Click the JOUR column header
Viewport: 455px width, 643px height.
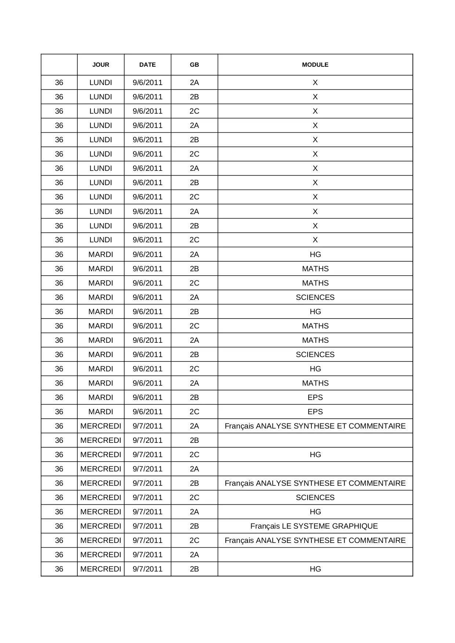pyautogui.click(x=100, y=65)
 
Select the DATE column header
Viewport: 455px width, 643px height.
pyautogui.click(x=147, y=65)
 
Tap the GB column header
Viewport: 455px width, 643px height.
pyautogui.click(x=194, y=65)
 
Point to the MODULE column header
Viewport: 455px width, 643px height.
pyautogui.click(x=315, y=65)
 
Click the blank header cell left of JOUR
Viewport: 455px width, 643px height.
pyautogui.click(x=59, y=65)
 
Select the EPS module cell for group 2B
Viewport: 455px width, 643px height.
pyautogui.click(x=315, y=397)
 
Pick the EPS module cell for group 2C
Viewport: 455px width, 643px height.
pyautogui.click(x=315, y=412)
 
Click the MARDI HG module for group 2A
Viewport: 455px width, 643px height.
pyautogui.click(x=315, y=254)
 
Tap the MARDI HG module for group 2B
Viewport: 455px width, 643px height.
pyautogui.click(x=315, y=312)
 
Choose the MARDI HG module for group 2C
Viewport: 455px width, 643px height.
pyautogui.click(x=315, y=369)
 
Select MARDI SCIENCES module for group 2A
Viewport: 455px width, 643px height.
pyautogui.click(x=315, y=297)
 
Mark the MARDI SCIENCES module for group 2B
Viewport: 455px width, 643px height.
pyautogui.click(x=315, y=354)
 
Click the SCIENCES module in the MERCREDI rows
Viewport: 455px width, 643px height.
pyautogui.click(x=315, y=497)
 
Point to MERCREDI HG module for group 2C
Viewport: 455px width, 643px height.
pyautogui.click(x=315, y=455)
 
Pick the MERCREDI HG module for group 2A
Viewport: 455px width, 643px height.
pyautogui.click(x=315, y=512)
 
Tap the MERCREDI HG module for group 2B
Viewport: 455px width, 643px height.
pyautogui.click(x=315, y=569)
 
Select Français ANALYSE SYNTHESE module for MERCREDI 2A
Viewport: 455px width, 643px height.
pyautogui.click(x=315, y=426)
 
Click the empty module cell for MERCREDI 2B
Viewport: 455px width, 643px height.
pyautogui.click(x=315, y=440)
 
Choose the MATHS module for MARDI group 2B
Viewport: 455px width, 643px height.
pyautogui.click(x=315, y=269)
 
